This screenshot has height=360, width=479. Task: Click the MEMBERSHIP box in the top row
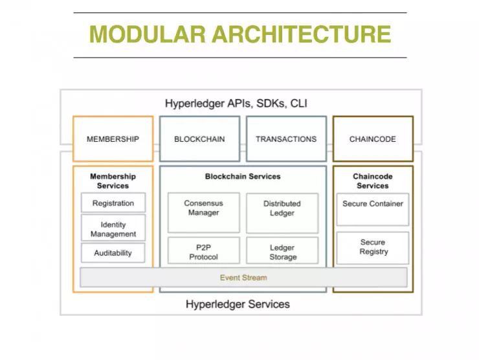click(113, 139)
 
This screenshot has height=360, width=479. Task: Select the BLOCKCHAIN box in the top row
click(199, 139)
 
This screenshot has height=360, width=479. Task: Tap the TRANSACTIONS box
click(286, 139)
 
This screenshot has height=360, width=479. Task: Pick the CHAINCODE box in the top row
click(373, 139)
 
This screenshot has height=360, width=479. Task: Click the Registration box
click(113, 203)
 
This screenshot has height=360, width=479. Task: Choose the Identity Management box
click(113, 229)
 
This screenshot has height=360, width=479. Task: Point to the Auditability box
click(113, 253)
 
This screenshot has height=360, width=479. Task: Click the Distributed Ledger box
click(282, 212)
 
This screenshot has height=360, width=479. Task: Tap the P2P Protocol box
click(203, 251)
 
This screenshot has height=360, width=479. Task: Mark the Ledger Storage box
click(282, 251)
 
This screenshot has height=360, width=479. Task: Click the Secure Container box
click(373, 208)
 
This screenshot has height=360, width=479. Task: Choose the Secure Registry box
click(373, 247)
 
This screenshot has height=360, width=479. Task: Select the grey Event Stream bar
click(243, 277)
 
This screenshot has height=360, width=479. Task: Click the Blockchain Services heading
click(243, 176)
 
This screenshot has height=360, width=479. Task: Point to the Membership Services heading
click(113, 181)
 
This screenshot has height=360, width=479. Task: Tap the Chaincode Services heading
click(373, 181)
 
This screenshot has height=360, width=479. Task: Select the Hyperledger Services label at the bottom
click(238, 304)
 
